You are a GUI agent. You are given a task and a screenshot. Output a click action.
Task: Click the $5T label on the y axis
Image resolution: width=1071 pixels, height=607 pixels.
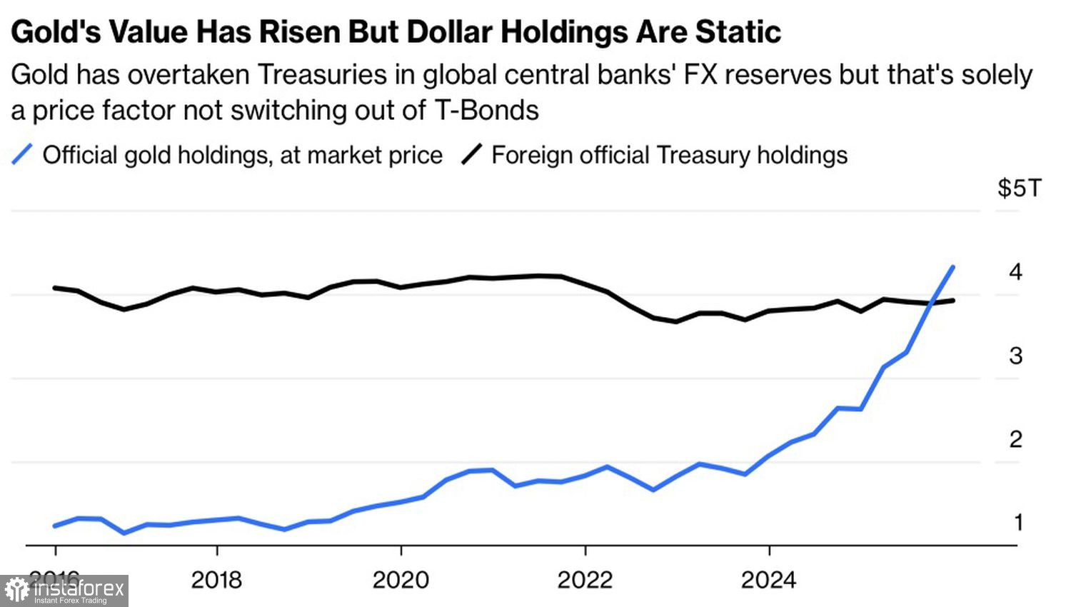point(1019,188)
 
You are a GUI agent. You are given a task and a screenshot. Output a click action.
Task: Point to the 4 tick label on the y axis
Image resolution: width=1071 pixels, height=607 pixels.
point(1015,271)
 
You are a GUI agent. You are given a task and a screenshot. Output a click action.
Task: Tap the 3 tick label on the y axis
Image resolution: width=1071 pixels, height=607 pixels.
point(1015,355)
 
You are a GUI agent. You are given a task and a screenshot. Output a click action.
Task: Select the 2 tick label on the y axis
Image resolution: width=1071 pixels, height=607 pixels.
point(1015,438)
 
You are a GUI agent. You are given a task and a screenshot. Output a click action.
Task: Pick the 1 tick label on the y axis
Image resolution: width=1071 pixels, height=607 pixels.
point(1018,522)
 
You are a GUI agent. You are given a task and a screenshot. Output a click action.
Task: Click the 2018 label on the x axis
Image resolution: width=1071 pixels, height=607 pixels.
point(216,579)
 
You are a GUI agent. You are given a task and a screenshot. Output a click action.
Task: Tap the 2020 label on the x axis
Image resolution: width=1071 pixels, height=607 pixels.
point(401,579)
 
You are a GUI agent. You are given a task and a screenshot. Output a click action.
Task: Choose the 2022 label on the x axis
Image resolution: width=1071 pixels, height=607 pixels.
point(585,579)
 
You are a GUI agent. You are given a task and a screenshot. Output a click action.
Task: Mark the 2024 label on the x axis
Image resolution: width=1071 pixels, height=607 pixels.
point(768,579)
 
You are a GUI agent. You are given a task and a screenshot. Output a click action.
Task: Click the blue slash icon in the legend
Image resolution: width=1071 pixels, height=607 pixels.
point(22,154)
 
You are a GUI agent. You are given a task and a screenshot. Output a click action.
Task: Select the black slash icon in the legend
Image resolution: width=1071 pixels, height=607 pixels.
point(471,154)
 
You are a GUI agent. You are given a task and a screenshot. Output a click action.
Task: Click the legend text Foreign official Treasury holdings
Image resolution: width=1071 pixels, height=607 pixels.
point(669,155)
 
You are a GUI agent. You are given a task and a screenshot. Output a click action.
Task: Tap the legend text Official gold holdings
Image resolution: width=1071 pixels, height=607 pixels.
point(242,155)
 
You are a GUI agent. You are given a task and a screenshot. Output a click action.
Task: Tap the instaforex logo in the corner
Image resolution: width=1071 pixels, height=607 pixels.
point(64,591)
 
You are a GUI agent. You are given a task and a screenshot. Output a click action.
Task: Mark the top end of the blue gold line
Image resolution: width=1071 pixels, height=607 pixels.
point(953,267)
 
